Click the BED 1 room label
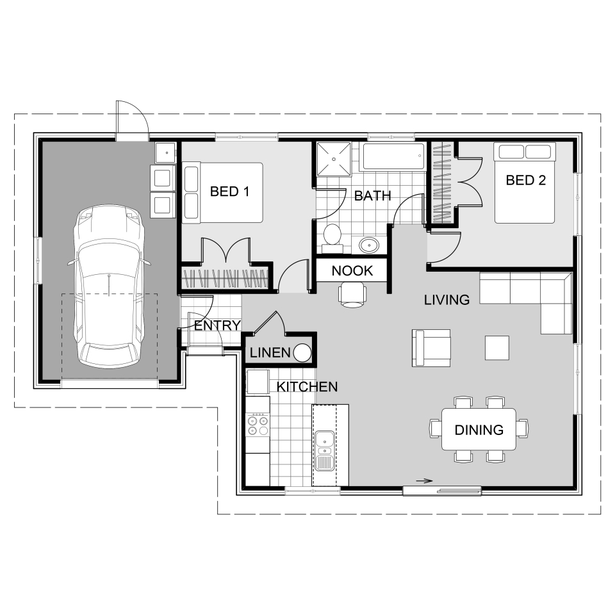click(229, 191)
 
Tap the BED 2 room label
click(525, 180)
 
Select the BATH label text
click(372, 196)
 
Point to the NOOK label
click(352, 271)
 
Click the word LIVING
click(447, 300)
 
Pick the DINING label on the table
click(479, 430)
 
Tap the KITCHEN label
click(307, 387)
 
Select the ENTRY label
click(217, 325)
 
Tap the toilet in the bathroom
click(332, 235)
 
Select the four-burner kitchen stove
click(258, 425)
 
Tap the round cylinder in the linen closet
click(302, 353)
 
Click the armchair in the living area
click(431, 348)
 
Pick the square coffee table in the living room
click(497, 347)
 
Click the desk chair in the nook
click(352, 294)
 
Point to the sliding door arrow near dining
click(423, 480)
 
